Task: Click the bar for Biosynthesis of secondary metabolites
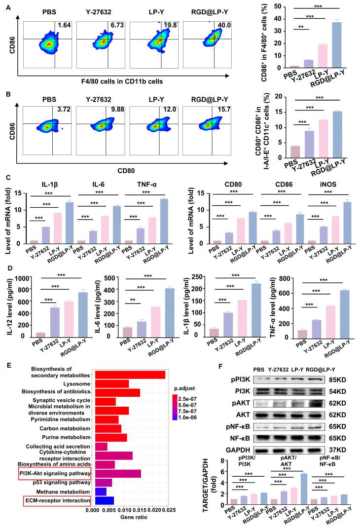click(x=130, y=375)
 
